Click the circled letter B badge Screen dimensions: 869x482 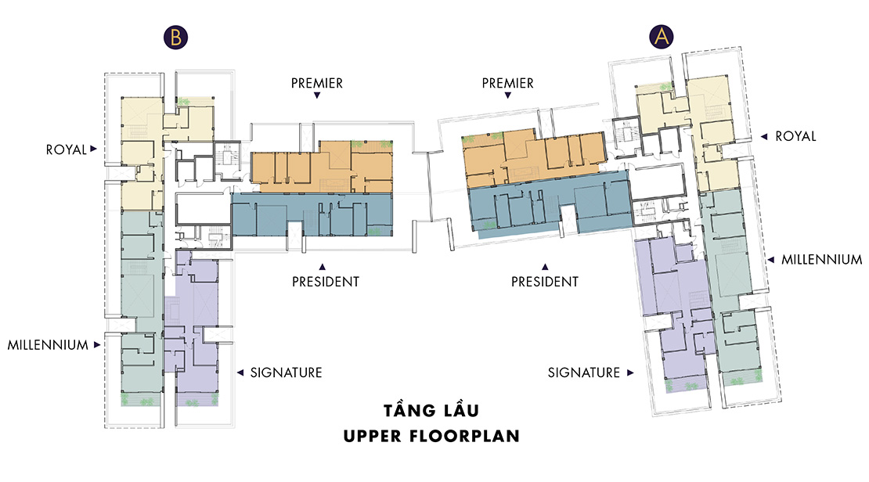(175, 37)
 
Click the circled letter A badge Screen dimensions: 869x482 (662, 37)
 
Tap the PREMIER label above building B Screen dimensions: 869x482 (317, 83)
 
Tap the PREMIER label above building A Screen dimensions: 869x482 (507, 83)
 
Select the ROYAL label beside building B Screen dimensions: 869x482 (66, 149)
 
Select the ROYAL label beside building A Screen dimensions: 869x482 (796, 136)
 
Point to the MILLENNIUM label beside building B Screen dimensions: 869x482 (48, 345)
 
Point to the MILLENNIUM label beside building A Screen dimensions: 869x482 (822, 259)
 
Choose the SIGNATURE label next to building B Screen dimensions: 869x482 (286, 372)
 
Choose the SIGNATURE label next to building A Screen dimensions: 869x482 (584, 372)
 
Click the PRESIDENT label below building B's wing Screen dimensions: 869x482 (326, 282)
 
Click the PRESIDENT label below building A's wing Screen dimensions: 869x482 (545, 282)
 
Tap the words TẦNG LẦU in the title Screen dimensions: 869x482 (431, 410)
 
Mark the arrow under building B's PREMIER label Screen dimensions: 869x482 (317, 95)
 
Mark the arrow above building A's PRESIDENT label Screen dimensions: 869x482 (545, 267)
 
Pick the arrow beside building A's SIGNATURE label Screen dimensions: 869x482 (630, 372)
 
